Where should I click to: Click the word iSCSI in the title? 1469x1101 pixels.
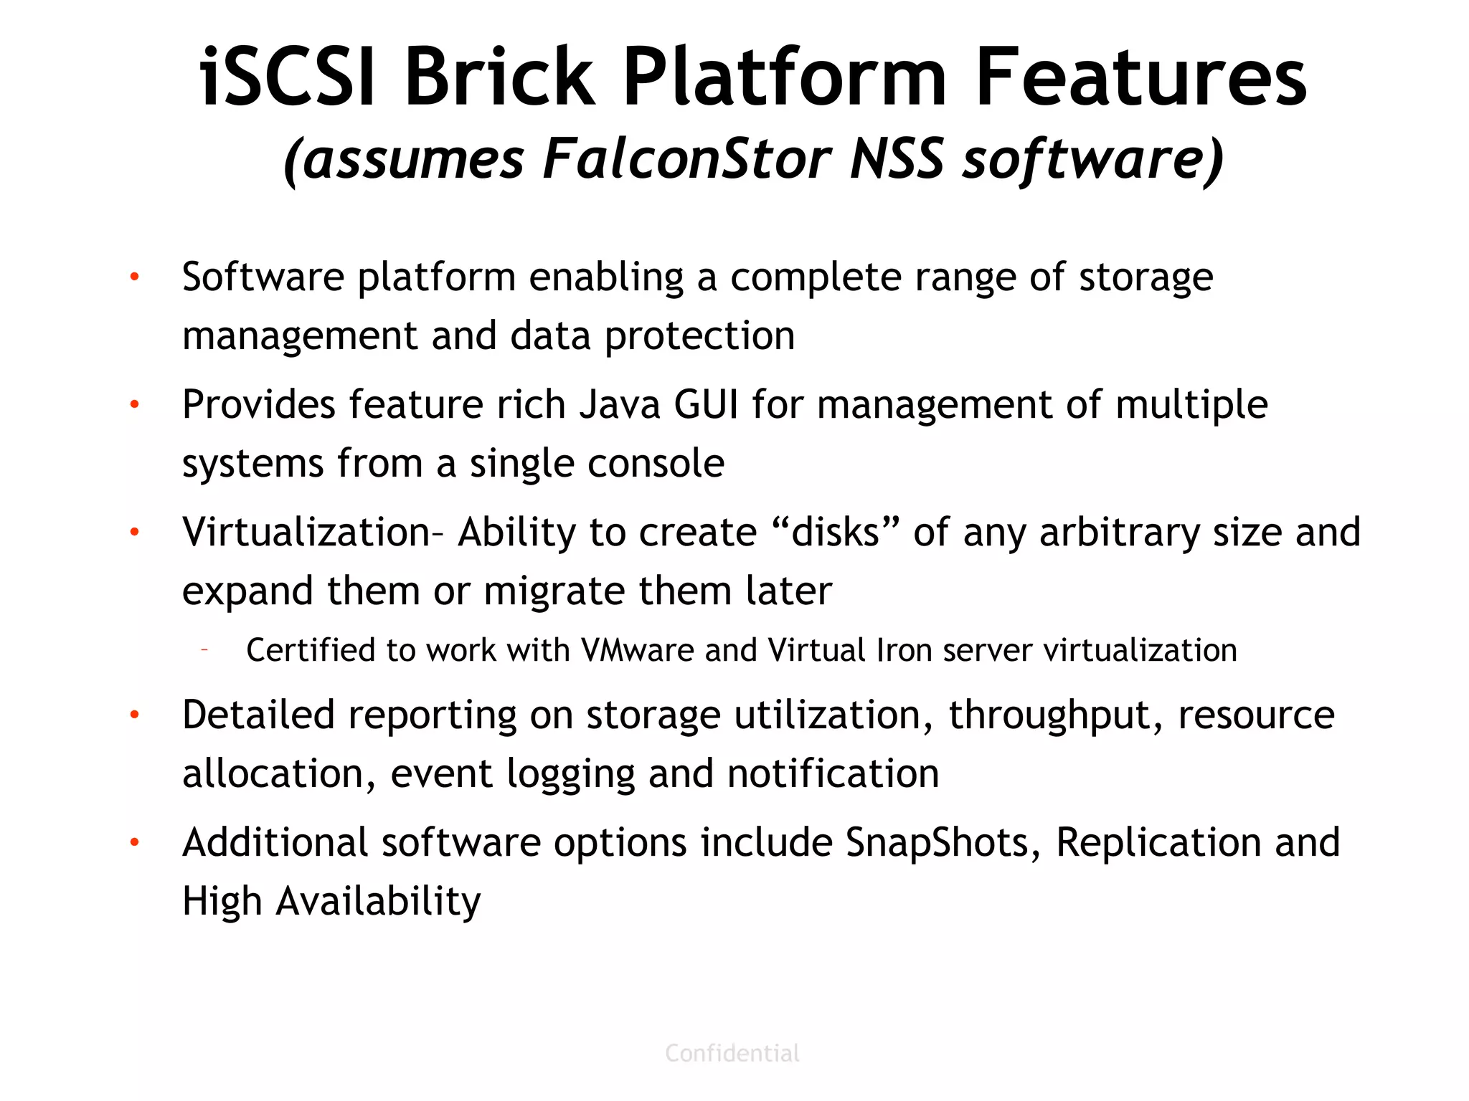(x=287, y=77)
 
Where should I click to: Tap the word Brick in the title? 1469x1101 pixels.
(x=499, y=77)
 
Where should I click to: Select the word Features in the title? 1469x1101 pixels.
(x=1141, y=77)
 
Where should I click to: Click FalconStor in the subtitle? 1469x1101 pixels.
(x=686, y=159)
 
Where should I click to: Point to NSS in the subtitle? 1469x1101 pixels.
(x=896, y=159)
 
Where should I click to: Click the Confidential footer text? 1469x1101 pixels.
(x=732, y=1053)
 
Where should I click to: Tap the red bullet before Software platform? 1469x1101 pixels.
(x=134, y=277)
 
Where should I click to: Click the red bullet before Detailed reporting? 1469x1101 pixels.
(x=134, y=715)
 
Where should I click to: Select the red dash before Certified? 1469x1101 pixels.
(x=204, y=650)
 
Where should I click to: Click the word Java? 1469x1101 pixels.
(x=620, y=405)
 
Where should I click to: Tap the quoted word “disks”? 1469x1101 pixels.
(x=836, y=533)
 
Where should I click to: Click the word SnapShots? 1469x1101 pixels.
(x=943, y=843)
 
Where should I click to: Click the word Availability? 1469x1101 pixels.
(x=378, y=902)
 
